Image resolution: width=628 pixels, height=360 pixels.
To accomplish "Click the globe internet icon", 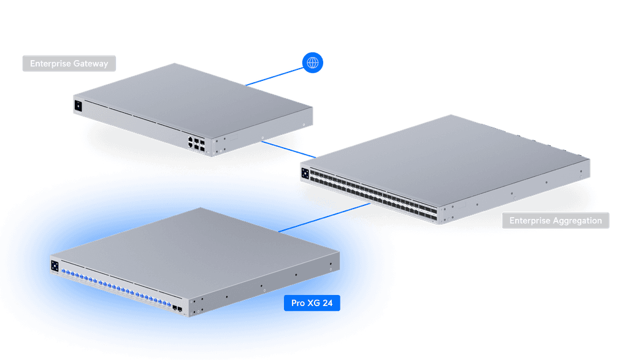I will pos(313,63).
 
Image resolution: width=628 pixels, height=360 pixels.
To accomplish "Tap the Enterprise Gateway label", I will pos(69,63).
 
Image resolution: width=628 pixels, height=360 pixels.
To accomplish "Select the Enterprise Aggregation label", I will pos(555,221).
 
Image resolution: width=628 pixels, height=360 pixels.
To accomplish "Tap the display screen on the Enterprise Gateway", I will pos(78,105).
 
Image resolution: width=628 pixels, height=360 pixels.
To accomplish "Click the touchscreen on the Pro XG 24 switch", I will pos(55,266).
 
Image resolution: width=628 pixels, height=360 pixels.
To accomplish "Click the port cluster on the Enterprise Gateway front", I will pos(196,144).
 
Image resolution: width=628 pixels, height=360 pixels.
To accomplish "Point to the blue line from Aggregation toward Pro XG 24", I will pos(350,212).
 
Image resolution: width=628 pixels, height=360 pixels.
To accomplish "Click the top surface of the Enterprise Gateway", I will pos(196,98).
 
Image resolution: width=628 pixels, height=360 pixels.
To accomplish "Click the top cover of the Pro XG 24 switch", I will pos(196,245).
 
